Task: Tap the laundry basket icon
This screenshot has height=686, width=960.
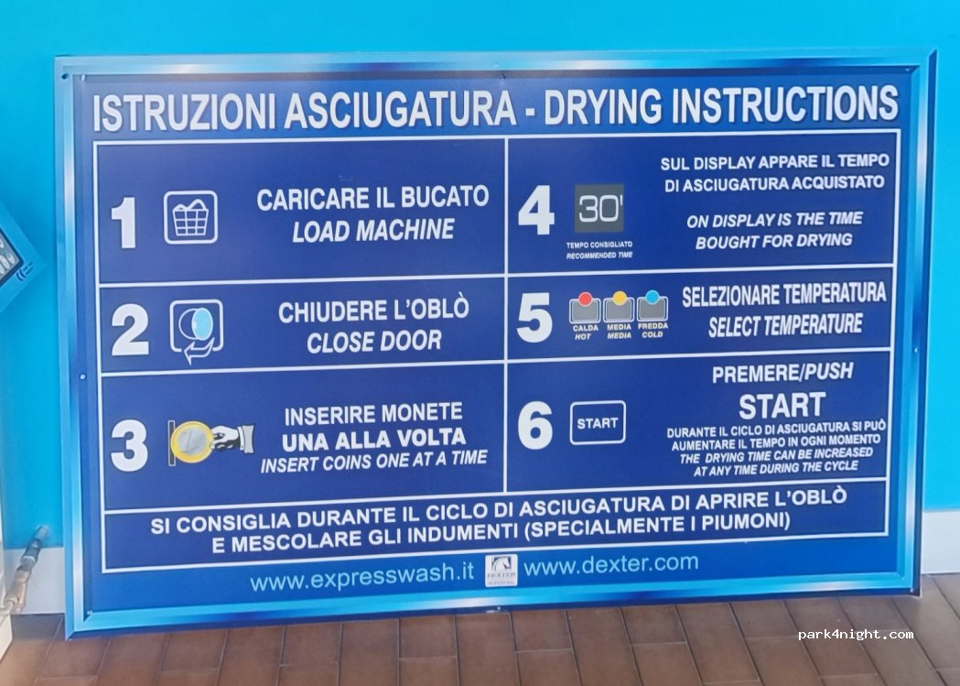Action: [x=190, y=217]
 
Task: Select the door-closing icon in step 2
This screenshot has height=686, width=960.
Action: [x=196, y=330]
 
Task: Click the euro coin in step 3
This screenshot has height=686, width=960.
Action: [x=191, y=441]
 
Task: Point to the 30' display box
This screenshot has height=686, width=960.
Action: [x=599, y=208]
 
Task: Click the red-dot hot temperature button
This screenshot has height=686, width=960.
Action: [x=585, y=308]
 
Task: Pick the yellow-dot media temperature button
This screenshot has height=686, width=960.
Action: [x=619, y=307]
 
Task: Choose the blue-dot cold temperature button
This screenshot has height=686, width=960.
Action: [x=652, y=306]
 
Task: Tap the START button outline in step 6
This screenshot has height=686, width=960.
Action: [x=598, y=422]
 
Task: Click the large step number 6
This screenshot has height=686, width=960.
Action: [x=534, y=426]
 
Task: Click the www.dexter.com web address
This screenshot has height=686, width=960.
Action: [x=610, y=564]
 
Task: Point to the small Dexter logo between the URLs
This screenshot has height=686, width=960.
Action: [x=501, y=571]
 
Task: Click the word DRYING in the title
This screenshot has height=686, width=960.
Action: [x=603, y=105]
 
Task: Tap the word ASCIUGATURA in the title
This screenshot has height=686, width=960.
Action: [x=400, y=109]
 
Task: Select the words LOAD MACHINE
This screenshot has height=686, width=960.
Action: [x=373, y=230]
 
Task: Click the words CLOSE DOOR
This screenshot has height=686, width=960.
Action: [x=374, y=341]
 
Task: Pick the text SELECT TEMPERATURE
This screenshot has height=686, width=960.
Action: [x=785, y=324]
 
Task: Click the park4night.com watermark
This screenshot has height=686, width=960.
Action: [x=856, y=635]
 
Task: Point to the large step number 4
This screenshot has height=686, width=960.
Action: [x=535, y=210]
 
